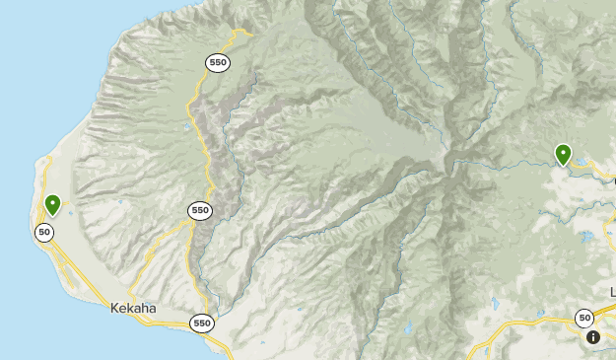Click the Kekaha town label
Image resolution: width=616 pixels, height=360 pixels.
pyautogui.click(x=134, y=308)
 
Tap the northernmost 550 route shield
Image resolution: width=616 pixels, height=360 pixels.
pyautogui.click(x=218, y=62)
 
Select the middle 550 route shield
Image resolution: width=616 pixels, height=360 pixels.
pyautogui.click(x=200, y=210)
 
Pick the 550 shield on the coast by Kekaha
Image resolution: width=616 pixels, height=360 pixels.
pyautogui.click(x=203, y=323)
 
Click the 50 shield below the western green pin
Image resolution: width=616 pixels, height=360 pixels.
pyautogui.click(x=44, y=232)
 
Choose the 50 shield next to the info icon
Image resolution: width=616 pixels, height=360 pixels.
pyautogui.click(x=585, y=317)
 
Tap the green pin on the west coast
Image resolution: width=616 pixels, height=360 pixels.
pyautogui.click(x=52, y=204)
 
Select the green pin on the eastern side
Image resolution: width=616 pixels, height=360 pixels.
pyautogui.click(x=563, y=154)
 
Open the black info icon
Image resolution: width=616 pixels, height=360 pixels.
pyautogui.click(x=593, y=337)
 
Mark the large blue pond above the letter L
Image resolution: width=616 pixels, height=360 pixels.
pyautogui.click(x=588, y=238)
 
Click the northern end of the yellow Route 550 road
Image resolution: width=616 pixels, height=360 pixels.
pyautogui.click(x=250, y=35)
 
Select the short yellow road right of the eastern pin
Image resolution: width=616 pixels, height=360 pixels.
pyautogui.click(x=596, y=171)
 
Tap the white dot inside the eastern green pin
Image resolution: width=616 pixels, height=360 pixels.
pyautogui.click(x=563, y=152)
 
